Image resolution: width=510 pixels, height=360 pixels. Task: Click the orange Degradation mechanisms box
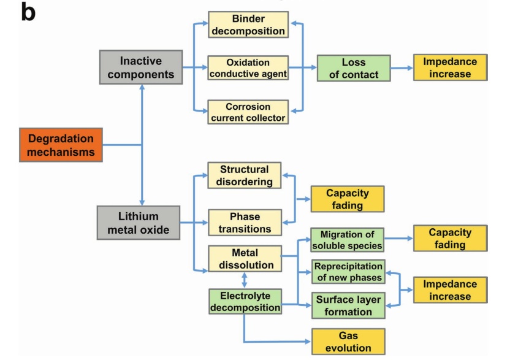(60, 145)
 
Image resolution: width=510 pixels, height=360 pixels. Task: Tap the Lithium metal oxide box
(139, 223)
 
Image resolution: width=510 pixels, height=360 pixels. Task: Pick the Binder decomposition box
(247, 25)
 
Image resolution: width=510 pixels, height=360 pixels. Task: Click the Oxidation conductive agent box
(247, 68)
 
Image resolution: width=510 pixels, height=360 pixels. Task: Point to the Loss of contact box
(354, 68)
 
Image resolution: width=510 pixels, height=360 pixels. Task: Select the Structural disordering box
(244, 175)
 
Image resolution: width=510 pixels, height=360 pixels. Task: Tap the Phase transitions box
(244, 223)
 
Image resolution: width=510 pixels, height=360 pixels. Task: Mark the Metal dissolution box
(244, 259)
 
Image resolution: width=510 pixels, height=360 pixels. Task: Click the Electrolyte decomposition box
(244, 302)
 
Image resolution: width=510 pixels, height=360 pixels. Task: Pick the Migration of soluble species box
(347, 239)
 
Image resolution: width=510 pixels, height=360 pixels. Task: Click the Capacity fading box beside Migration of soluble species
(451, 239)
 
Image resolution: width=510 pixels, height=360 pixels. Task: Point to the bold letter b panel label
(28, 12)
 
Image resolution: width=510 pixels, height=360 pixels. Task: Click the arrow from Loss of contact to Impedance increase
(402, 69)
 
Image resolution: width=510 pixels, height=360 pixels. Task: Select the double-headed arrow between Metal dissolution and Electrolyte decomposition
(245, 280)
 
